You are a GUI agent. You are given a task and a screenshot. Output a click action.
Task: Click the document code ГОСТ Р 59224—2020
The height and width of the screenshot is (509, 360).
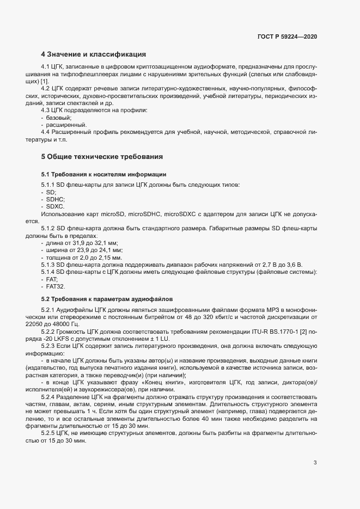pos(287,36)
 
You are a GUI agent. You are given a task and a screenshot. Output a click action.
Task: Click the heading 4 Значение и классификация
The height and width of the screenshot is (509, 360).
pos(93,55)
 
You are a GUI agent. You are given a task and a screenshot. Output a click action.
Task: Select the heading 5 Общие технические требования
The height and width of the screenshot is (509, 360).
pos(102,157)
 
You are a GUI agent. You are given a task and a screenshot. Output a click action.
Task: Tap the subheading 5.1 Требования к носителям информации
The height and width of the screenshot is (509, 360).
pos(104,174)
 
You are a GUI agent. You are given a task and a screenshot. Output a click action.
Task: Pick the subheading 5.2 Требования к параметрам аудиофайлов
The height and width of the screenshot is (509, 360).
pos(107,299)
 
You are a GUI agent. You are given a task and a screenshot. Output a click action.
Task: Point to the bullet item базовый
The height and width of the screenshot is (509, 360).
pos(59,118)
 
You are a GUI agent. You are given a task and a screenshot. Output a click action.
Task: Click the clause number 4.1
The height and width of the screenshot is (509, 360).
pos(46,66)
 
